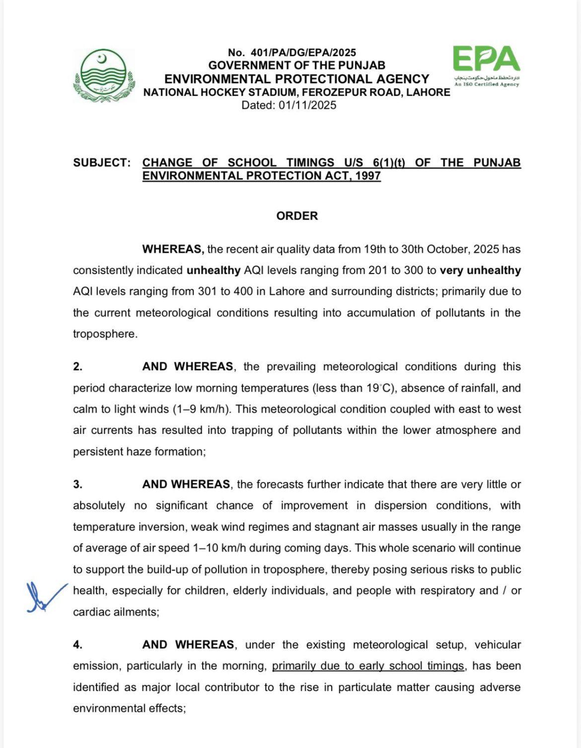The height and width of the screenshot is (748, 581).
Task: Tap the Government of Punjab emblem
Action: tap(104, 75)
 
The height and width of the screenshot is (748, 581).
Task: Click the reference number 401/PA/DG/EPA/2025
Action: tap(303, 52)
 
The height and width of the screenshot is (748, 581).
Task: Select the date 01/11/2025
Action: tap(307, 105)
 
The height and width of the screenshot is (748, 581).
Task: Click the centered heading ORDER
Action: tap(297, 216)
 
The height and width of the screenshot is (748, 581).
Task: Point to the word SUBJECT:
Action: tap(102, 163)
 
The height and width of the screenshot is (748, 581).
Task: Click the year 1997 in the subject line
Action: tap(368, 176)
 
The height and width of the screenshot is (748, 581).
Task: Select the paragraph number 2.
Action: tap(77, 367)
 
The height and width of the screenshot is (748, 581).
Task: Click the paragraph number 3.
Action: tap(77, 484)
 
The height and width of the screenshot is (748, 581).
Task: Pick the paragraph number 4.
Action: tap(77, 645)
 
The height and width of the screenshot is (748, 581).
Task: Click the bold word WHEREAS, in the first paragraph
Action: tap(173, 249)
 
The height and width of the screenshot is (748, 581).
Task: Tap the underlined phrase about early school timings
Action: tap(368, 666)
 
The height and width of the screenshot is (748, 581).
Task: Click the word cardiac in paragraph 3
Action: tap(92, 612)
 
